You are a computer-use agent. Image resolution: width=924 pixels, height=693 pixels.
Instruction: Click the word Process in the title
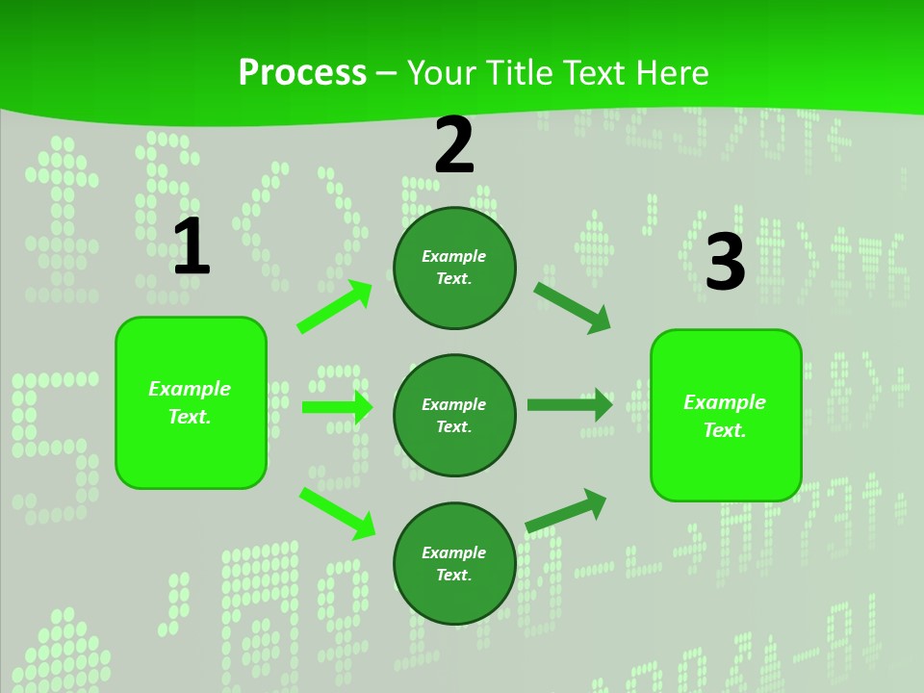(302, 73)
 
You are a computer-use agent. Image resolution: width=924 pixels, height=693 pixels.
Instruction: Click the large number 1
(191, 246)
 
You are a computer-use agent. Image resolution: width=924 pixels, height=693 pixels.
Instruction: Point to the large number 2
(454, 145)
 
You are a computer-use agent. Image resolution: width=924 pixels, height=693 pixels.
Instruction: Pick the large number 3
(725, 262)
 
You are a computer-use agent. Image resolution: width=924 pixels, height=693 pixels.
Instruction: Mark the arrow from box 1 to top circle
(335, 307)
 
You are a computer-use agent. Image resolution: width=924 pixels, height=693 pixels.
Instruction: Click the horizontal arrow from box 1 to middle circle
(337, 407)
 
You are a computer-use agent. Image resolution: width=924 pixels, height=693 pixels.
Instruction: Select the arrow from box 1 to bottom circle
(337, 513)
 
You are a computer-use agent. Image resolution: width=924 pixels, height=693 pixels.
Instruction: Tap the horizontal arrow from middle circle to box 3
(570, 404)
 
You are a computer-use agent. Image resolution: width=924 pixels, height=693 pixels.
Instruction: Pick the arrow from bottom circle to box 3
(566, 510)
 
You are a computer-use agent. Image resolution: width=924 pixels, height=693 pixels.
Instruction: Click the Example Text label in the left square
(190, 402)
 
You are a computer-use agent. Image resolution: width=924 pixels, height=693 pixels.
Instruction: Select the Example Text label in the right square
(725, 416)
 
